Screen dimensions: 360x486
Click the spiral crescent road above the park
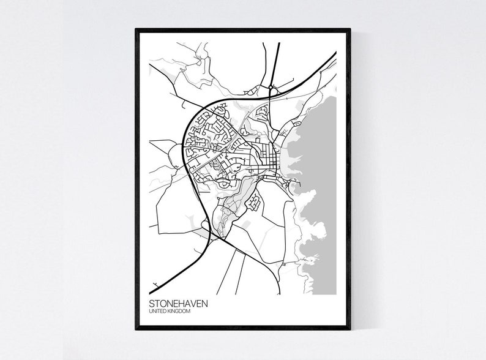[223, 182]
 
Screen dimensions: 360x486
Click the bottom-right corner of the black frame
[350, 329]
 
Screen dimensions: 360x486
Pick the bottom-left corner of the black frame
[136, 329]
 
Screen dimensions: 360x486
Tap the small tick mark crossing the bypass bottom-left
[157, 283]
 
